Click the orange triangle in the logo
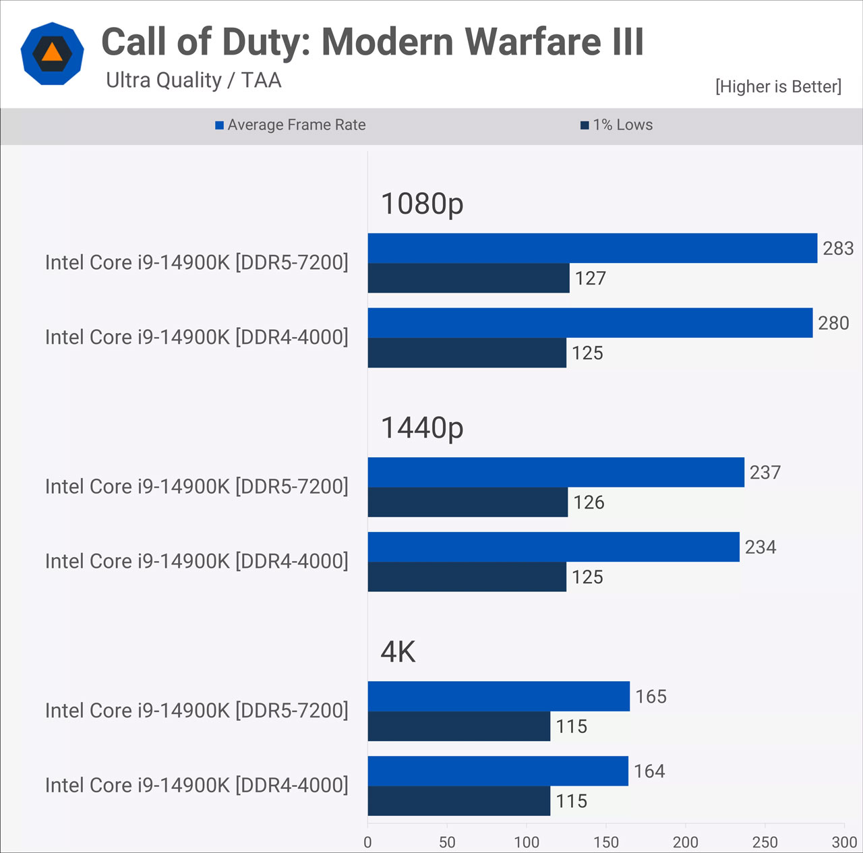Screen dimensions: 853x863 (x=52, y=53)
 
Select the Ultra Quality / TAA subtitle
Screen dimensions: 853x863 (x=194, y=80)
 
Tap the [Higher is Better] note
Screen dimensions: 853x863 (x=778, y=86)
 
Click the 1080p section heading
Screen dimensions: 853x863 (x=422, y=203)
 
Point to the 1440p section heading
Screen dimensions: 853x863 (x=422, y=428)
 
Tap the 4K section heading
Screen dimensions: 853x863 (x=398, y=652)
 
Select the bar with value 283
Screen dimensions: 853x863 (x=592, y=248)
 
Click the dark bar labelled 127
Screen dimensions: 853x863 (x=469, y=278)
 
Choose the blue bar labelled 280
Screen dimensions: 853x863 (x=590, y=323)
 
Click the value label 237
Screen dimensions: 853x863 (x=765, y=472)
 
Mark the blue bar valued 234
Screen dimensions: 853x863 (x=553, y=547)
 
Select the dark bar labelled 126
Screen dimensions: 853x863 (x=467, y=502)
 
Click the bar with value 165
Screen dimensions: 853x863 (x=498, y=697)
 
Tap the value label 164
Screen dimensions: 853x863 (x=649, y=771)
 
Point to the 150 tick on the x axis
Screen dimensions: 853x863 (x=605, y=842)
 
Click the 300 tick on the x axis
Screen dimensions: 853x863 (x=843, y=842)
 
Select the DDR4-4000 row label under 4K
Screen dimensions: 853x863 (x=196, y=785)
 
